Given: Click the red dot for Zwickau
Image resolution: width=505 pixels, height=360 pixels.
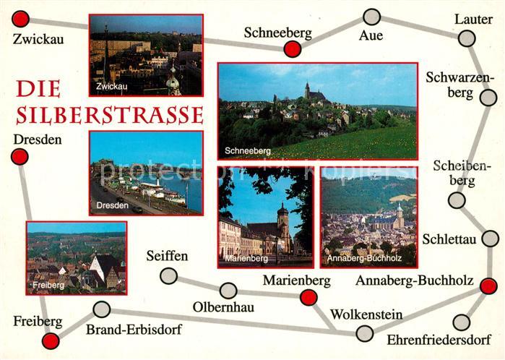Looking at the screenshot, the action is click(x=22, y=20).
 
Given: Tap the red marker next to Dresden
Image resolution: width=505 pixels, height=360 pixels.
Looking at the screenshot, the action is click(x=20, y=156).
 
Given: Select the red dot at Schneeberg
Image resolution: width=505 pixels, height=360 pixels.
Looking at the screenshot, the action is click(x=292, y=49).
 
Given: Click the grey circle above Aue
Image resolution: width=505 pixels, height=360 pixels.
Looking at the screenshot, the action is click(x=371, y=17).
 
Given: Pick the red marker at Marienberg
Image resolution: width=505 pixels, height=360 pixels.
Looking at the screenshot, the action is click(x=308, y=297).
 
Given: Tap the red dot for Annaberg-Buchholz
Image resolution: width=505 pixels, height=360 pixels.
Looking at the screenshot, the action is click(x=488, y=286).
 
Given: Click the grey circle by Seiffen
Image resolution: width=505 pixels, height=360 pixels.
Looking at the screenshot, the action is click(x=168, y=275).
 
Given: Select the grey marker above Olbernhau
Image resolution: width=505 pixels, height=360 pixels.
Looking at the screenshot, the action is click(x=228, y=291).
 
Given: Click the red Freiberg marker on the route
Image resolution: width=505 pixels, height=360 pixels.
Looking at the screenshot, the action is click(x=51, y=341).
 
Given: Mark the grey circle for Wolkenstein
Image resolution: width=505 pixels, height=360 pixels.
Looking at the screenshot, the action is click(x=365, y=333).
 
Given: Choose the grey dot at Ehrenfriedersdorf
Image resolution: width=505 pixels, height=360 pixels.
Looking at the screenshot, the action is click(x=461, y=322).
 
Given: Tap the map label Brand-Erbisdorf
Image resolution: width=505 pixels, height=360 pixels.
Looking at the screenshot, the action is click(x=134, y=330).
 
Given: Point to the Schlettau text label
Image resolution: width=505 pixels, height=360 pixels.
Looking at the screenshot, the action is click(x=449, y=240).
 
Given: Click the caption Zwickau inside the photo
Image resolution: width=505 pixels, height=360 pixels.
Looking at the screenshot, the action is click(x=111, y=86).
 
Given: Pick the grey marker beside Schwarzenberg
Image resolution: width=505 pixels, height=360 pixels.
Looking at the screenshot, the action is click(x=488, y=98).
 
